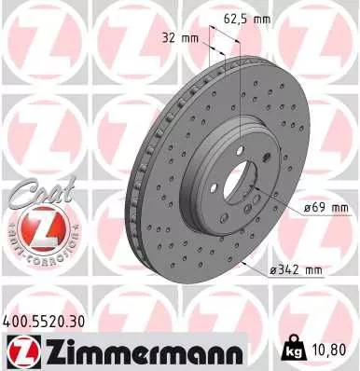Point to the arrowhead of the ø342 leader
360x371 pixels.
point(244,264)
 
